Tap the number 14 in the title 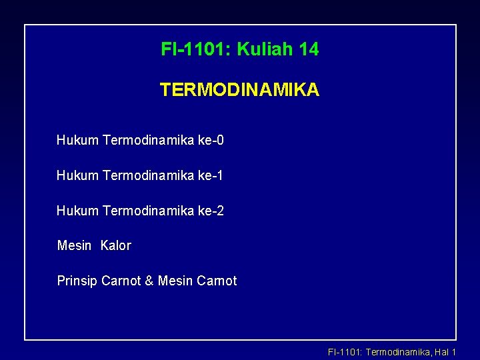pyautogui.click(x=309, y=49)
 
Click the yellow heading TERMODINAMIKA pyautogui.click(x=239, y=90)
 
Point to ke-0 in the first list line pyautogui.click(x=211, y=140)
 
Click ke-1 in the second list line pyautogui.click(x=211, y=175)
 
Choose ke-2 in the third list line pyautogui.click(x=211, y=211)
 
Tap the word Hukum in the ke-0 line pyautogui.click(x=77, y=140)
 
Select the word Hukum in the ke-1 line pyautogui.click(x=77, y=175)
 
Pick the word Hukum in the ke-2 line pyautogui.click(x=77, y=211)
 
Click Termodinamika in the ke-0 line pyautogui.click(x=149, y=140)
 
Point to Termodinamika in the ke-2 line pyautogui.click(x=149, y=211)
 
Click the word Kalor pyautogui.click(x=116, y=245)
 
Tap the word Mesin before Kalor pyautogui.click(x=75, y=245)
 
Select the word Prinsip pyautogui.click(x=77, y=281)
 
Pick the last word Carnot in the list pyautogui.click(x=217, y=281)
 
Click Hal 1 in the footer pyautogui.click(x=445, y=352)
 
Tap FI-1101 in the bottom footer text pyautogui.click(x=343, y=352)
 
